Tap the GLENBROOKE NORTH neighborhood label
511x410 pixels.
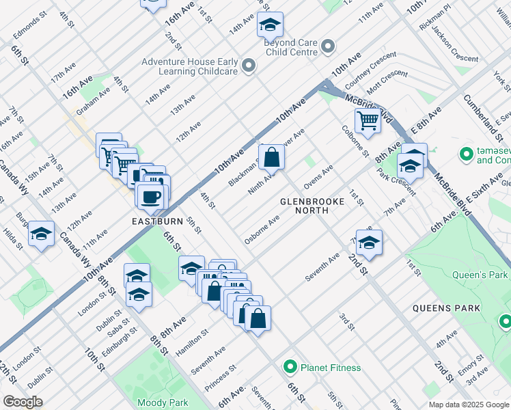[304, 206]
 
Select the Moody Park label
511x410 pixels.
[162, 402]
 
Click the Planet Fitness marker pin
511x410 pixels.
[290, 368]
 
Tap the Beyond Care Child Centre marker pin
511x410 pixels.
[329, 46]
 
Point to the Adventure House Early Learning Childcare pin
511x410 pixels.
[248, 66]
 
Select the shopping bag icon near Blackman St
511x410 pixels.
[271, 157]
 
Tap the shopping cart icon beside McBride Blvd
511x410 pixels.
[368, 121]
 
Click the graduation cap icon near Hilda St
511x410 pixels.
[42, 234]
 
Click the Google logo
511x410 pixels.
[23, 402]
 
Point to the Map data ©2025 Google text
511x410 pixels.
[468, 405]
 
